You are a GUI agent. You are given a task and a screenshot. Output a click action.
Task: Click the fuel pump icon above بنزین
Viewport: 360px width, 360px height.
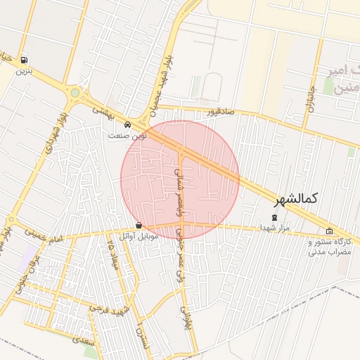[x=25, y=60]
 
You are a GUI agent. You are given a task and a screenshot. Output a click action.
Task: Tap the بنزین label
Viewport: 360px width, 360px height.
[x=25, y=72]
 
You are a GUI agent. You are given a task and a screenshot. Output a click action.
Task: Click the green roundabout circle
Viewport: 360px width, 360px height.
[x=75, y=92]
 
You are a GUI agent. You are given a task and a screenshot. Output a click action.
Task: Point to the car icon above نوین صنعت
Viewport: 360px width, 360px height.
[x=127, y=126]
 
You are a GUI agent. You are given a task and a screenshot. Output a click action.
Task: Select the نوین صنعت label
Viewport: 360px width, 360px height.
[x=127, y=136]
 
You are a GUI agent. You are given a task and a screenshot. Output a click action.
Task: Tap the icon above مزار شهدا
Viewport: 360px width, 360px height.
[x=274, y=217]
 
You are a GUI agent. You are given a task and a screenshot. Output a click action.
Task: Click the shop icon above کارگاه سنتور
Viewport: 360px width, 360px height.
[x=330, y=231]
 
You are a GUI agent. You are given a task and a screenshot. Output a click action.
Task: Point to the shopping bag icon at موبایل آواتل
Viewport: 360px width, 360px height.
[x=139, y=226]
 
